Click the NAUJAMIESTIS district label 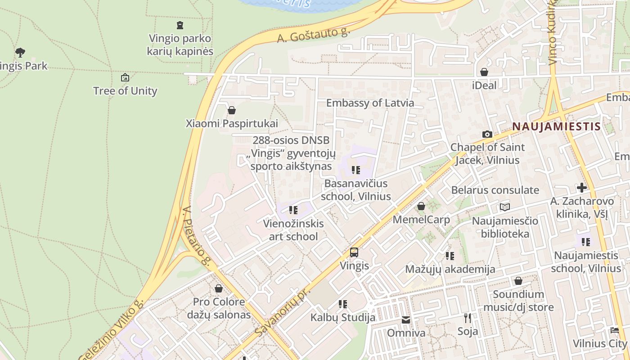(x=556, y=126)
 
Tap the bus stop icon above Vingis (x=354, y=252)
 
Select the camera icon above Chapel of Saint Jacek (x=487, y=134)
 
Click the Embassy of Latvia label (x=370, y=103)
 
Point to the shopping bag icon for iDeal (x=484, y=72)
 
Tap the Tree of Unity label (x=125, y=91)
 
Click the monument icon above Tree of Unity (x=125, y=78)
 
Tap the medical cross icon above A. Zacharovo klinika (x=582, y=188)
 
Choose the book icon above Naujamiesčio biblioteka (x=505, y=207)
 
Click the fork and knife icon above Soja (x=468, y=318)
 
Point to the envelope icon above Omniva (x=406, y=320)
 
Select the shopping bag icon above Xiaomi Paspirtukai (x=232, y=110)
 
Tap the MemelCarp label (x=421, y=220)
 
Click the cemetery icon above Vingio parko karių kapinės (x=180, y=25)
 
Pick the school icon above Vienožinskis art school (x=293, y=210)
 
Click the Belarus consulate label (x=495, y=190)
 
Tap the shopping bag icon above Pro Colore (x=219, y=288)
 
